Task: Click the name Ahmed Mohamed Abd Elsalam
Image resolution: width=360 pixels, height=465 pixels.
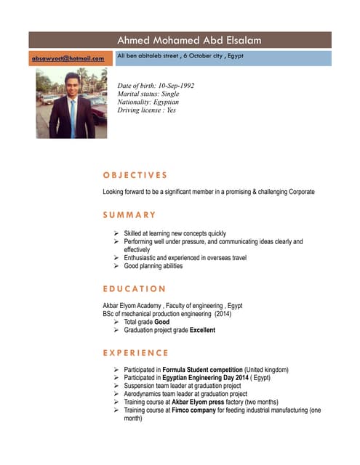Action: (x=189, y=41)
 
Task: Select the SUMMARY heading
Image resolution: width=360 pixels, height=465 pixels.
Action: (x=129, y=215)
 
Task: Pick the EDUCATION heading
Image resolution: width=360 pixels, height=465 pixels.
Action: (x=135, y=289)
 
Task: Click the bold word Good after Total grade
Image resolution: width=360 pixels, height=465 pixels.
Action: (x=162, y=322)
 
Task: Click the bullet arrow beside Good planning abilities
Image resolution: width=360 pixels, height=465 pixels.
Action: (x=116, y=266)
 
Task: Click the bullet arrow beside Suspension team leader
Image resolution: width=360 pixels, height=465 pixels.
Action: (x=116, y=386)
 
